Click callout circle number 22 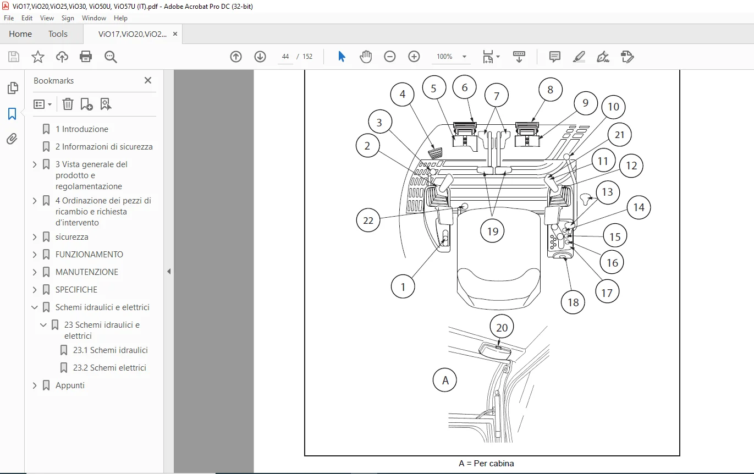pyautogui.click(x=368, y=221)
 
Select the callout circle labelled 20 pyautogui.click(x=502, y=327)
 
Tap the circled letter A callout pyautogui.click(x=445, y=380)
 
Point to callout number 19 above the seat pyautogui.click(x=492, y=232)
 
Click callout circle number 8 pyautogui.click(x=551, y=90)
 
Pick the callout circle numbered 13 pyautogui.click(x=608, y=192)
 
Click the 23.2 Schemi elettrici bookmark pyautogui.click(x=109, y=368)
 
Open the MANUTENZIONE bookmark pyautogui.click(x=86, y=272)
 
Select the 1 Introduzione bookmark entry pyautogui.click(x=82, y=129)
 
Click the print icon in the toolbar pyautogui.click(x=86, y=57)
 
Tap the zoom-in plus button pyautogui.click(x=414, y=57)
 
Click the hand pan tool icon pyautogui.click(x=366, y=57)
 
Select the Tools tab pyautogui.click(x=58, y=34)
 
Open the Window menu pyautogui.click(x=94, y=18)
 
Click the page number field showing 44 pyautogui.click(x=285, y=57)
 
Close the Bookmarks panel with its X pyautogui.click(x=148, y=80)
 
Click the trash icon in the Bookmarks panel pyautogui.click(x=68, y=104)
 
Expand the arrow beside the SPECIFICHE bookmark pyautogui.click(x=34, y=290)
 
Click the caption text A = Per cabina pyautogui.click(x=486, y=464)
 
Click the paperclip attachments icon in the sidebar pyautogui.click(x=12, y=139)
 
